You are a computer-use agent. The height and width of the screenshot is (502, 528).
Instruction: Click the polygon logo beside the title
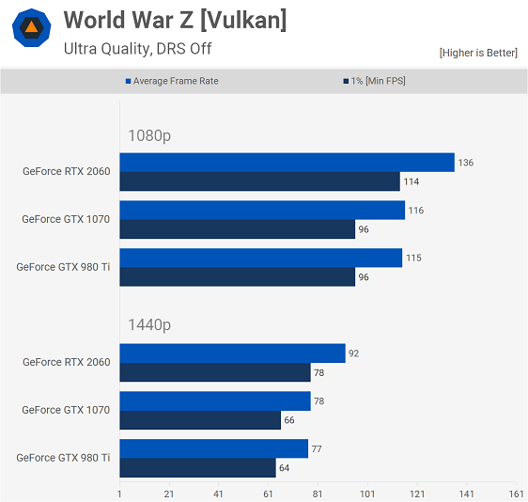[x=31, y=27]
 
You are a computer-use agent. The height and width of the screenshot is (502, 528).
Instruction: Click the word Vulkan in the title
[x=243, y=21]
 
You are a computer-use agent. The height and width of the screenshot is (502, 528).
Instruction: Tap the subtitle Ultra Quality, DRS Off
[x=137, y=49]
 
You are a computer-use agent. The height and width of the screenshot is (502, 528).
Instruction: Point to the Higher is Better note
[x=478, y=53]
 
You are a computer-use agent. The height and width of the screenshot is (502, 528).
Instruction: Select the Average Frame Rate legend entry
[x=172, y=81]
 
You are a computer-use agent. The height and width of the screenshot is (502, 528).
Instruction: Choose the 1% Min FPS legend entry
[x=374, y=81]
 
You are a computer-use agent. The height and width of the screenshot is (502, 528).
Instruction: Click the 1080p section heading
[x=149, y=135]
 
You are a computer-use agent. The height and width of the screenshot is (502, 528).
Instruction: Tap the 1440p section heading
[x=149, y=325]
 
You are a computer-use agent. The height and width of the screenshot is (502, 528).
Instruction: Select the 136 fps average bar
[x=287, y=163]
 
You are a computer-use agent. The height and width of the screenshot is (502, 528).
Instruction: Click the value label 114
[x=412, y=182]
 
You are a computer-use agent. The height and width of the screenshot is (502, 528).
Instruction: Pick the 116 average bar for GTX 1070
[x=262, y=211]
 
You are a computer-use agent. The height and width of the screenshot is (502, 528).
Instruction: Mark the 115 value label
[x=413, y=259]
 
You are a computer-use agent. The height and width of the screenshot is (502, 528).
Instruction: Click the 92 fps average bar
[x=232, y=353]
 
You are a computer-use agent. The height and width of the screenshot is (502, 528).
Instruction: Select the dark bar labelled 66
[x=200, y=420]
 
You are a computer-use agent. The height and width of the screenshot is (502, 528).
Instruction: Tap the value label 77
[x=317, y=449]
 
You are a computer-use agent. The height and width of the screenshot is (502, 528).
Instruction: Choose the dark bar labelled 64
[x=197, y=467]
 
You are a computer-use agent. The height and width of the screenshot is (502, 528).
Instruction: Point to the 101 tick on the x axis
[x=367, y=494]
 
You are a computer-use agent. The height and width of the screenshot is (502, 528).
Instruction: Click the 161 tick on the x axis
[x=516, y=494]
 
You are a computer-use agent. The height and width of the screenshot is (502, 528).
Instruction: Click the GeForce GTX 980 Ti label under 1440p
[x=63, y=458]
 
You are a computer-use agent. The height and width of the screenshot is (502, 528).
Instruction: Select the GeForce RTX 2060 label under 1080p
[x=67, y=171]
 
